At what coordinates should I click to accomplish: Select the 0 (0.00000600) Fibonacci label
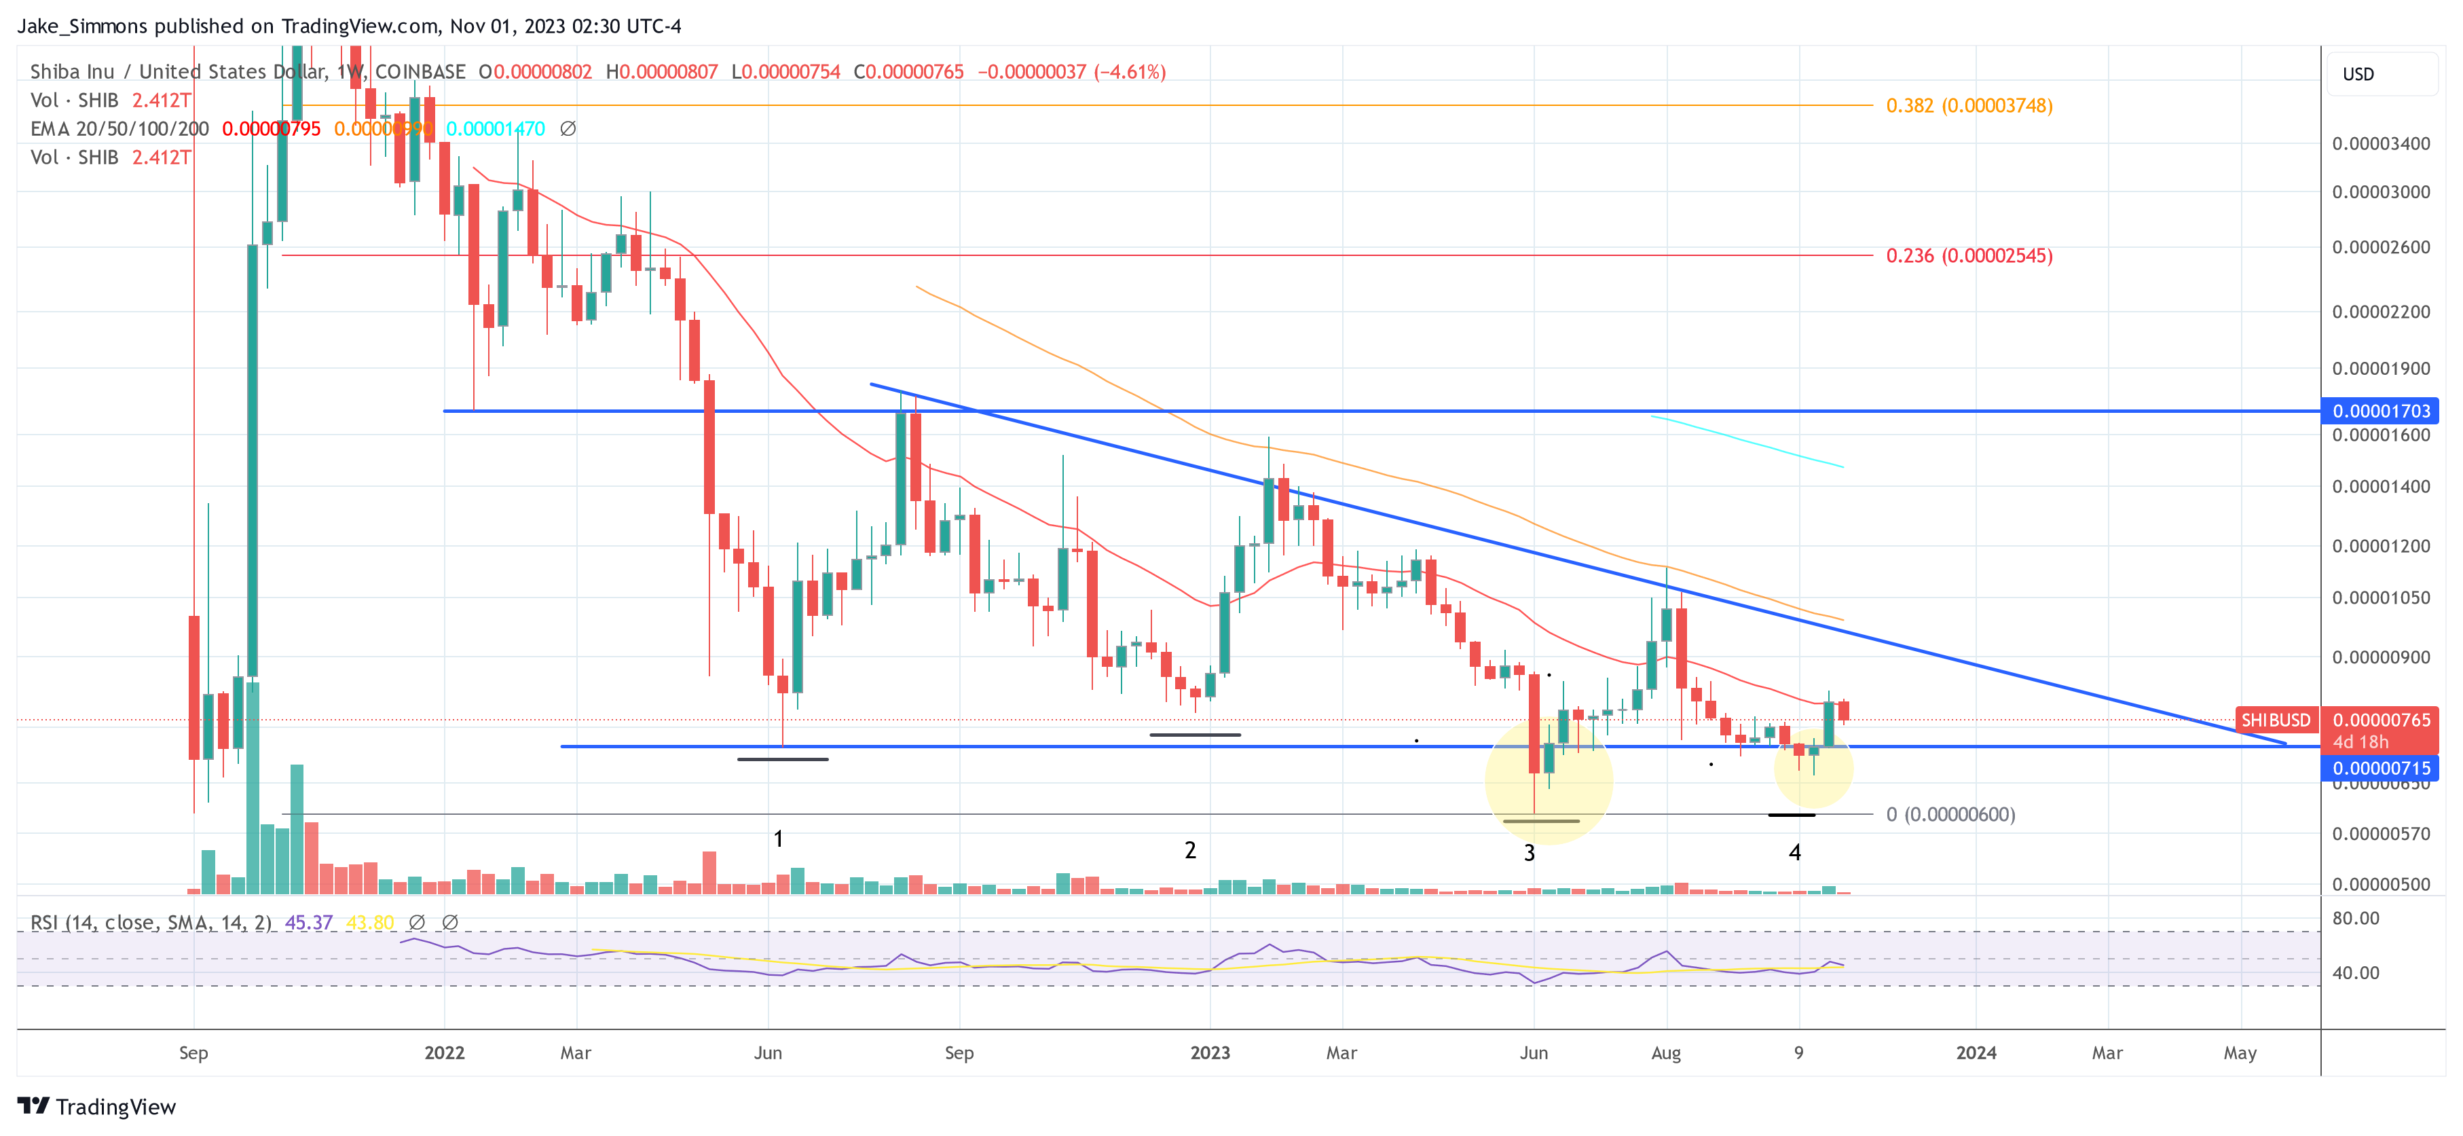coord(1950,815)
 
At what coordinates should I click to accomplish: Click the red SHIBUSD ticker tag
coord(2275,720)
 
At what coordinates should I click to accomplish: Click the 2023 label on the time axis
coord(1210,1052)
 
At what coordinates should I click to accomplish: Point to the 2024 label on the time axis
coord(1976,1052)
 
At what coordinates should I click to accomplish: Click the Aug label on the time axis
coord(1665,1052)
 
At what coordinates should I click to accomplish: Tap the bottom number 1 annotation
coord(778,839)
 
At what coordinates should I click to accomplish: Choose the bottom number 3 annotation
coord(1529,853)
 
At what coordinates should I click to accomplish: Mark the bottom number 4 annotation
coord(1795,852)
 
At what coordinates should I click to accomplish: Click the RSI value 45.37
coord(309,923)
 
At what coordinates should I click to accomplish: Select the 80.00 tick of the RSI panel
coord(2355,919)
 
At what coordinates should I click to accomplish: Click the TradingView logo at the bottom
coord(96,1106)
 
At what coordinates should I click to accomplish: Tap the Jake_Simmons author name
coord(82,26)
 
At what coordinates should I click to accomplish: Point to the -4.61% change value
coord(1130,72)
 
